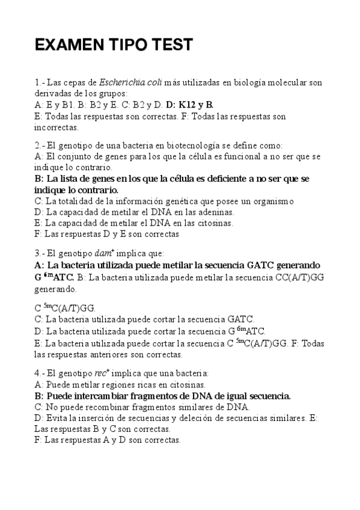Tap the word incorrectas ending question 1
point(56,127)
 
